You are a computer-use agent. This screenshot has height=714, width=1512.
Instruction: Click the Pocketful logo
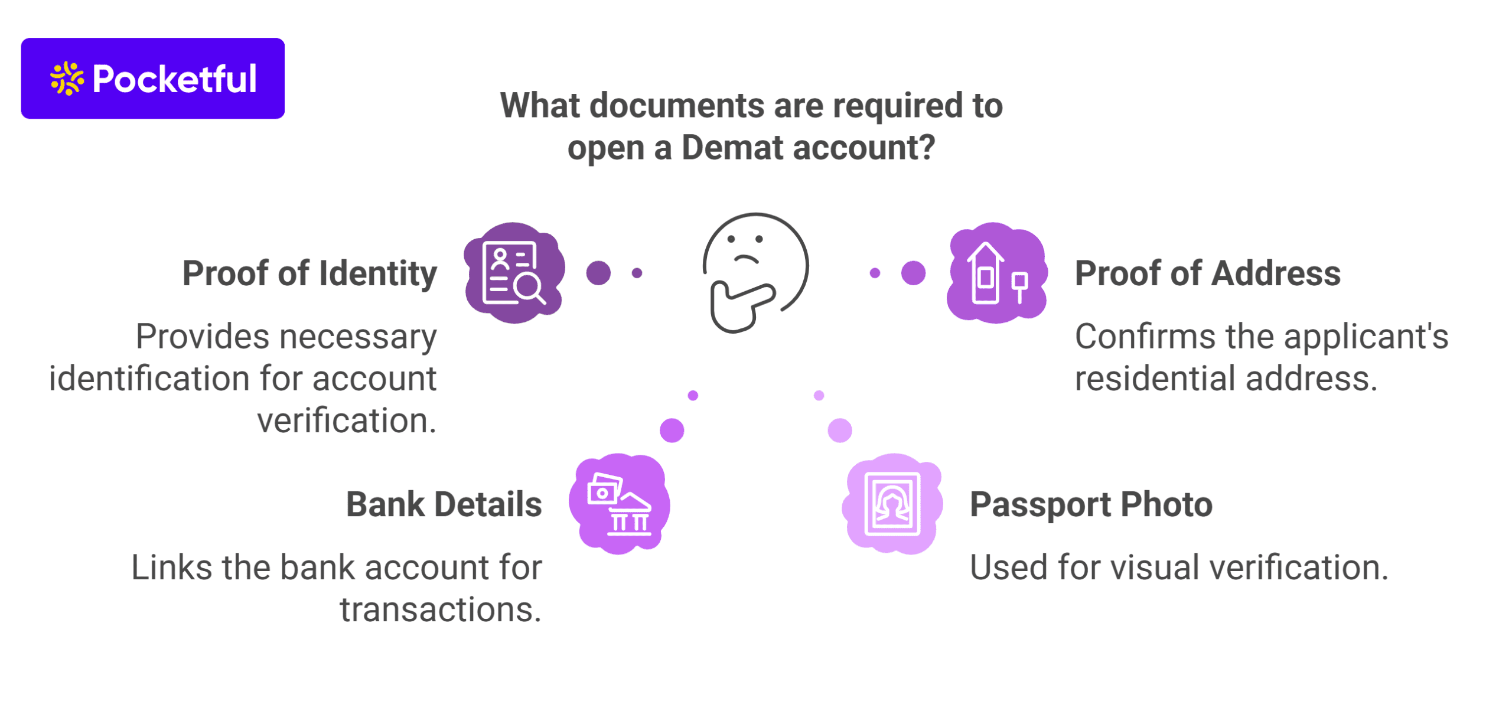(x=152, y=79)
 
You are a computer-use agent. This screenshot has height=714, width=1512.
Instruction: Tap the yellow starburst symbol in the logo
(x=66, y=79)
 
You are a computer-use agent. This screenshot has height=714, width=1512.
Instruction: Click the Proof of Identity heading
(x=309, y=273)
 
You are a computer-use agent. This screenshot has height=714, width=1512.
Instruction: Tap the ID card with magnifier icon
(x=513, y=273)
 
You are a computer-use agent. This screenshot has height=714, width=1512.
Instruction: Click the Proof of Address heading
(x=1207, y=273)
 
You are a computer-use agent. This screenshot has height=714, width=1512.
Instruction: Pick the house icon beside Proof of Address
(x=996, y=273)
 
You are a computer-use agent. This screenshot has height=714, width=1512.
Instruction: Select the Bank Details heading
(x=444, y=504)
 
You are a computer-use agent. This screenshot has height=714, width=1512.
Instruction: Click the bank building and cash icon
(x=619, y=504)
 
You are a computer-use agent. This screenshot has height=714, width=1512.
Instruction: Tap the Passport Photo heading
(x=1091, y=504)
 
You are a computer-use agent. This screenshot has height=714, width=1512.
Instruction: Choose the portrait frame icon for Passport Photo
(x=892, y=504)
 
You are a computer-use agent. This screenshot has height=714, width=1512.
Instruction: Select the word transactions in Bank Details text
(x=440, y=609)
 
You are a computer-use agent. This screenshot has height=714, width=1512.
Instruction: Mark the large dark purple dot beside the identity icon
(x=598, y=273)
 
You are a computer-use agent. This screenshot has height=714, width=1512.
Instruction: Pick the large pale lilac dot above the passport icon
(x=839, y=430)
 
